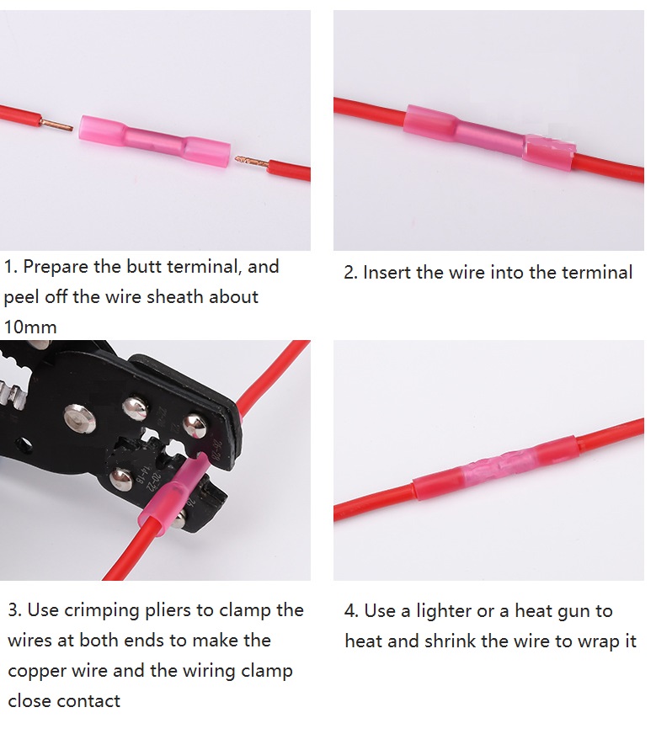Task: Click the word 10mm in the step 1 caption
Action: [x=30, y=327]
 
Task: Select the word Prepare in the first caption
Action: [x=56, y=268]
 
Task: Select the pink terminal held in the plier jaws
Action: [x=174, y=492]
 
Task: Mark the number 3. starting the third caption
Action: [x=15, y=610]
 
